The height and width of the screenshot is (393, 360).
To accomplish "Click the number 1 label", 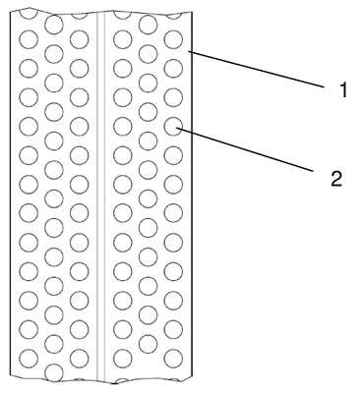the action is (343, 90).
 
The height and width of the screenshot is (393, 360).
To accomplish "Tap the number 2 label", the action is (336, 179).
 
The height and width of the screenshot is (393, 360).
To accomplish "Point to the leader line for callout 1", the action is (257, 69).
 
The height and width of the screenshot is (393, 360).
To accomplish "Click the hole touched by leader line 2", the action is (173, 126).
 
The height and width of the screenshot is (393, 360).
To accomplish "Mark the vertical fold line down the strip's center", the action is (101, 196).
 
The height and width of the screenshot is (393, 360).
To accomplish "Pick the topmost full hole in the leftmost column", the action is (29, 39).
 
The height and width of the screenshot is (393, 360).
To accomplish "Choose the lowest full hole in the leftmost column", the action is (29, 359).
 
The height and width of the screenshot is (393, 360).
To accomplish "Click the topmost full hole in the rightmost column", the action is (173, 39).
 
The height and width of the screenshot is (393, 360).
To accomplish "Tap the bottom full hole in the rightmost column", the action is (173, 359).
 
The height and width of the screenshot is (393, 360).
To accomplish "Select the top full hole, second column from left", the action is (54, 25).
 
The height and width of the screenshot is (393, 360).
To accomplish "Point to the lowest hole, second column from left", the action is (54, 372).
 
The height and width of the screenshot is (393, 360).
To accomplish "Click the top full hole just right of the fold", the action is (123, 39).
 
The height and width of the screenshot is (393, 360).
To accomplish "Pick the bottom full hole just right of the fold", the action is (123, 359).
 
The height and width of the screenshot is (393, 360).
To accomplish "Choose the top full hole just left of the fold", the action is (80, 39).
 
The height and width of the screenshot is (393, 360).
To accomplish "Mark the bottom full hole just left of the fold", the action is (80, 359).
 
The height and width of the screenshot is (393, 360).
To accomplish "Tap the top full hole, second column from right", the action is (149, 25).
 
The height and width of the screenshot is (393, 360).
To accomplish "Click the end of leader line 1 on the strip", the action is (189, 50).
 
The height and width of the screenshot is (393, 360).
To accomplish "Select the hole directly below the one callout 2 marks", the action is (173, 155).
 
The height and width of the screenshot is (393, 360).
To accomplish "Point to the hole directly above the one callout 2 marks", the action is (173, 97).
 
